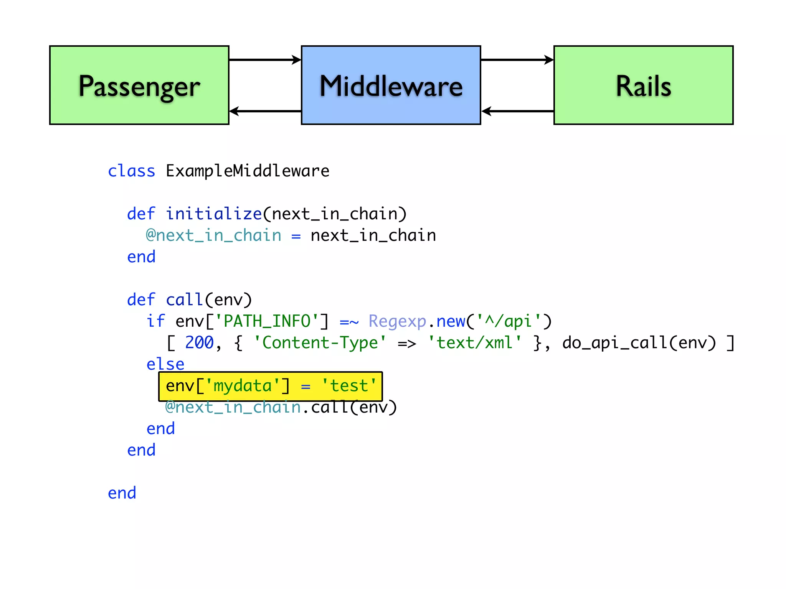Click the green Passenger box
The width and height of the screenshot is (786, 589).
click(139, 85)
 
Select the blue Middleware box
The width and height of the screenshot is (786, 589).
click(391, 85)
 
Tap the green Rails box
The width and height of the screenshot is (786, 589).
click(643, 85)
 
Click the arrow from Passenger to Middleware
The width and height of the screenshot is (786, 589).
click(265, 60)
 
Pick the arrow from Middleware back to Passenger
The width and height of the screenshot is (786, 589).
click(265, 111)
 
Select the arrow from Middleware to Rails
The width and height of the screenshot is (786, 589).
click(517, 60)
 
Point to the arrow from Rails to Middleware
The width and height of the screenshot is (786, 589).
click(517, 111)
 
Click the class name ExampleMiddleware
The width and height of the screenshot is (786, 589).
click(248, 171)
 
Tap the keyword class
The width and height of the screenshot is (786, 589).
click(131, 171)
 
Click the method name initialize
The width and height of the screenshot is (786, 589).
click(213, 214)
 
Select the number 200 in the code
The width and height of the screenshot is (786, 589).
click(199, 343)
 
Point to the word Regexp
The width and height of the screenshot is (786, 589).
click(397, 321)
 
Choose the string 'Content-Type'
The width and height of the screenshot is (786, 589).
click(320, 343)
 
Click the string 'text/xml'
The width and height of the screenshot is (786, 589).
click(474, 343)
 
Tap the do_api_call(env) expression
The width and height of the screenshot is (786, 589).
click(639, 343)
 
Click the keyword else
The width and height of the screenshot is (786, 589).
click(165, 364)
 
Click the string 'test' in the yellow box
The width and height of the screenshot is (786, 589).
click(349, 386)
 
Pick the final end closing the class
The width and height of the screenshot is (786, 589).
click(122, 493)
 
